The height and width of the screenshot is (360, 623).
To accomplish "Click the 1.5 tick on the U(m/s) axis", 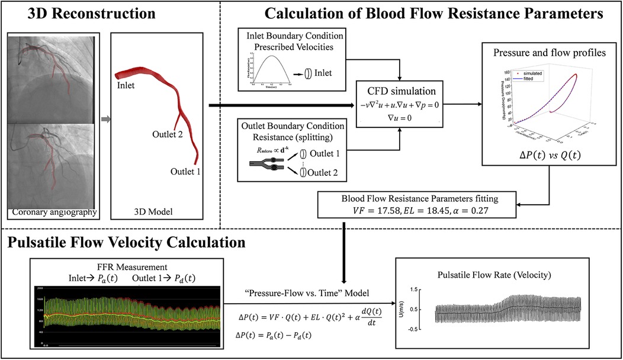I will click(421, 289).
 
